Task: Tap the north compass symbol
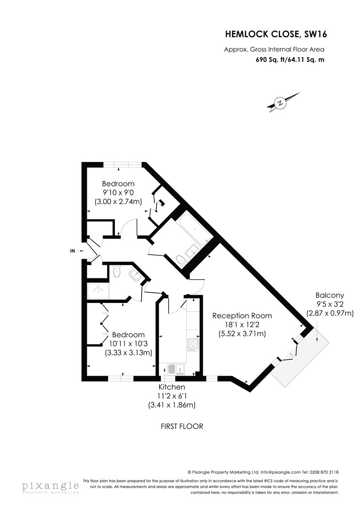(280, 103)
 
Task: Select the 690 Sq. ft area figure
(271, 61)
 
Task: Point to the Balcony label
(330, 295)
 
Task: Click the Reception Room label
(242, 316)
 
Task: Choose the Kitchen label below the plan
(172, 387)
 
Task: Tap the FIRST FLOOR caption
(181, 427)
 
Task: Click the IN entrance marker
(73, 251)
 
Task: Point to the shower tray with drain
(99, 290)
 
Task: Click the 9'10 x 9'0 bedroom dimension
(118, 193)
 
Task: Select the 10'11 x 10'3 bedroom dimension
(129, 344)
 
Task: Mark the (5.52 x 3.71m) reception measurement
(242, 334)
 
